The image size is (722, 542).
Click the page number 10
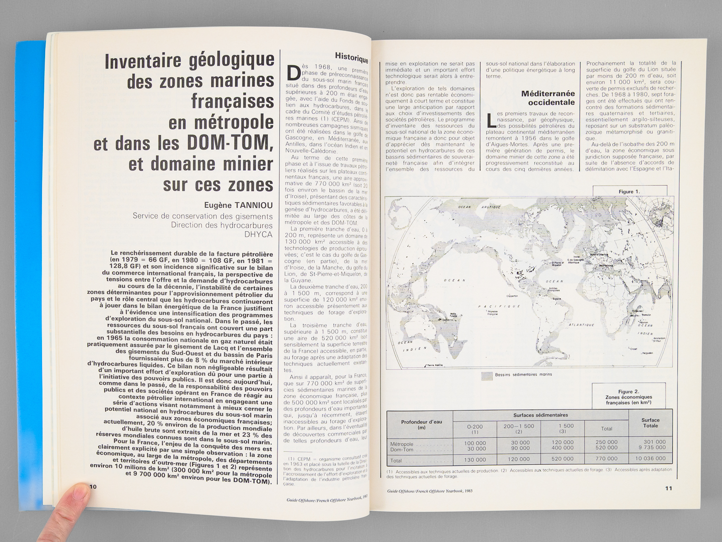click(x=93, y=486)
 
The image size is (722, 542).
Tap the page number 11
click(x=668, y=488)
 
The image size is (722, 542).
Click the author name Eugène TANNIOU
click(x=238, y=206)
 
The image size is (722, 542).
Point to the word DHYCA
click(x=258, y=234)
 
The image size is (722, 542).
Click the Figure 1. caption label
click(x=629, y=192)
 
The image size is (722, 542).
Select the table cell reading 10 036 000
click(x=650, y=458)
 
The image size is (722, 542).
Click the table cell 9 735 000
click(x=652, y=448)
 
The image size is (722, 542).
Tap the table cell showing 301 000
click(x=654, y=442)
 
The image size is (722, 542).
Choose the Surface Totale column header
click(x=650, y=423)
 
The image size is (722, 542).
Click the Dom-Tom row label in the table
click(x=402, y=449)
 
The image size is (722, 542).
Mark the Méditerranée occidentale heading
click(x=548, y=98)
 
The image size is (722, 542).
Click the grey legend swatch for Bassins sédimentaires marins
click(x=486, y=375)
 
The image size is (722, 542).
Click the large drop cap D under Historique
click(x=294, y=74)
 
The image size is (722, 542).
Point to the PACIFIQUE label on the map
click(x=499, y=306)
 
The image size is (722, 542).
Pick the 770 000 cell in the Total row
click(x=606, y=458)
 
